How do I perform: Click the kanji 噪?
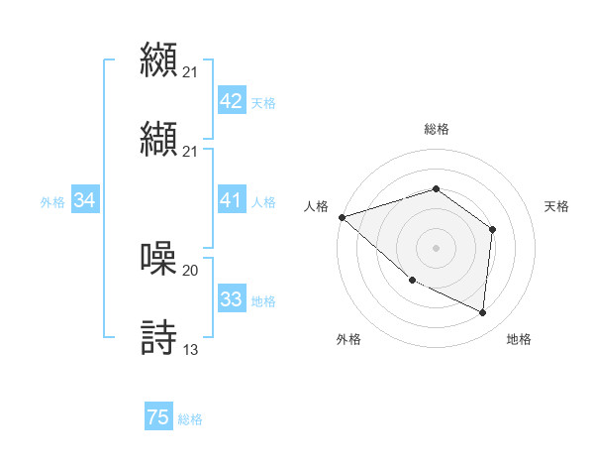coord(158,258)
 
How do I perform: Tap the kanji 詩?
coord(158,337)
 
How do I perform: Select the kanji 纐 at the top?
coord(158,58)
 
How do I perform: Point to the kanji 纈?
coord(158,137)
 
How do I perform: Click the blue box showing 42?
coord(231,101)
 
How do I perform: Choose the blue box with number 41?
coord(231,201)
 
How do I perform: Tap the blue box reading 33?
coord(231,299)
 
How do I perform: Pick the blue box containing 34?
coord(84,201)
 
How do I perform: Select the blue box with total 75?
coord(158,417)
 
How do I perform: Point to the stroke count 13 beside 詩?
coord(190,350)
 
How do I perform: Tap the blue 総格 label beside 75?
coord(190,419)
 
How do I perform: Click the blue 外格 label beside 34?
coord(52,202)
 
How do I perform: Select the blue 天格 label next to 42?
coord(263,102)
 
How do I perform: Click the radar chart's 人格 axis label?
coord(316,206)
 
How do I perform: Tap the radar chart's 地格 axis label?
coord(519,339)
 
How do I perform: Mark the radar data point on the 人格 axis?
coord(342,216)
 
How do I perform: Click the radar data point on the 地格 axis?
coord(483,312)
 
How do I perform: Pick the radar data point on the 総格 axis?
coord(436,188)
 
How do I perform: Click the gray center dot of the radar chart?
coord(436,247)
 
